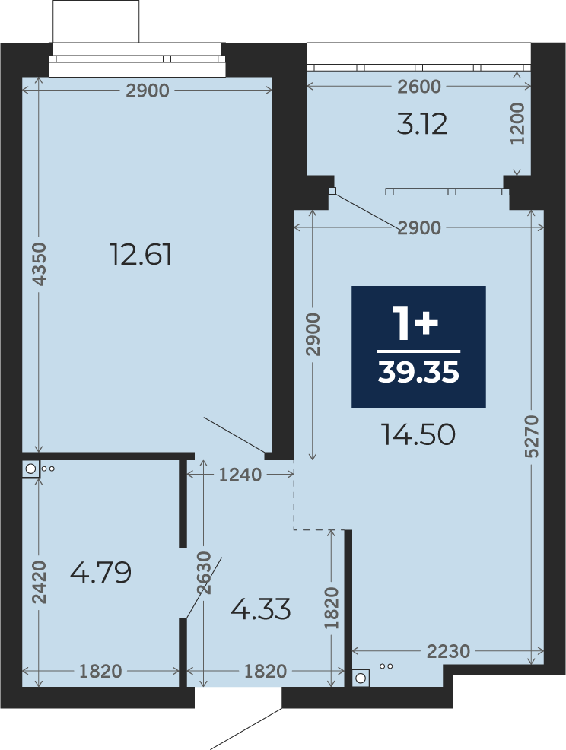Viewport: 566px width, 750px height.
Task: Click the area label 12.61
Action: coord(140,254)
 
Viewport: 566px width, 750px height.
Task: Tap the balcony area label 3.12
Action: coord(422,124)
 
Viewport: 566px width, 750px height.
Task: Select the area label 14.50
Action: coord(418,435)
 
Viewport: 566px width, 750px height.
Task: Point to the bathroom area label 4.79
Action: coord(100,572)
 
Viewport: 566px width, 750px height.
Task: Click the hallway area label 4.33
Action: coord(261,609)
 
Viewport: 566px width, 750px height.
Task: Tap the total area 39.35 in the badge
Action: coord(418,372)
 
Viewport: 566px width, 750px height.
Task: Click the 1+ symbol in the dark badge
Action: coord(415,323)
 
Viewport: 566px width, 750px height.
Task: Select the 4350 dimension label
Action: coord(40,264)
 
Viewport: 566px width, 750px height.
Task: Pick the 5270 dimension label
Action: coord(532,436)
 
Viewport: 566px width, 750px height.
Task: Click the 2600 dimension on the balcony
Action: coord(419,87)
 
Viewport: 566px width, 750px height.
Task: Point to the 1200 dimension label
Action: coord(517,123)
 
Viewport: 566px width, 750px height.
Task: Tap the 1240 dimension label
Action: coord(240,475)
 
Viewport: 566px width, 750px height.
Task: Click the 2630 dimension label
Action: coord(204,573)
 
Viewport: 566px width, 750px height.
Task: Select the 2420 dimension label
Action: coord(40,582)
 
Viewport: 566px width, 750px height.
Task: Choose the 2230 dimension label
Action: coord(448,651)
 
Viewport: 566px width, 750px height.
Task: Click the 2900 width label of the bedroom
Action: coord(148,91)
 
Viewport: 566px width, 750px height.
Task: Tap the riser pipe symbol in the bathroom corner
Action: coord(30,469)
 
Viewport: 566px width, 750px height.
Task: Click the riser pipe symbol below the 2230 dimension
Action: coord(361,678)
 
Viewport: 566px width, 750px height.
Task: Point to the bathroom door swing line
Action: coord(204,588)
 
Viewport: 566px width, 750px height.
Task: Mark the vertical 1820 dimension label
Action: coord(331,609)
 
